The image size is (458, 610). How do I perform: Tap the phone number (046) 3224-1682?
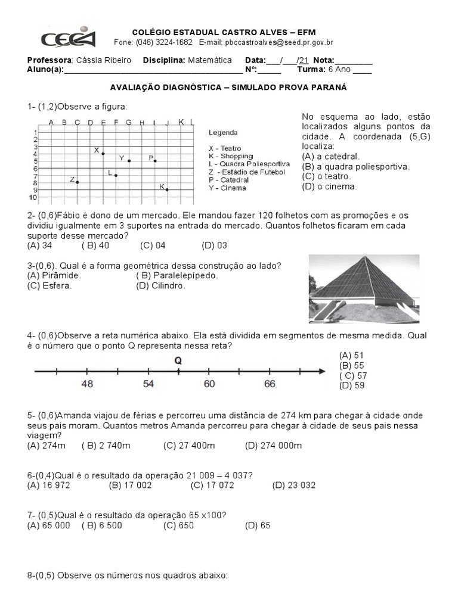164,42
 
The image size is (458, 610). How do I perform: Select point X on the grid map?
103,154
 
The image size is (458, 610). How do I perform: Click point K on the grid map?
167,189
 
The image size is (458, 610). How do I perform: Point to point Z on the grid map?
77,182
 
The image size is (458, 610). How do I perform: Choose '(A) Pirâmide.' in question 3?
54,275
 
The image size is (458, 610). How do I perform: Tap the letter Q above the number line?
178,360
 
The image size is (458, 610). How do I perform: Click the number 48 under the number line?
87,384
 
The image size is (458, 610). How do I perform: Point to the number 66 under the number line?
270,384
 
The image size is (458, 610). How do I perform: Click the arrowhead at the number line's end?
321,372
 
